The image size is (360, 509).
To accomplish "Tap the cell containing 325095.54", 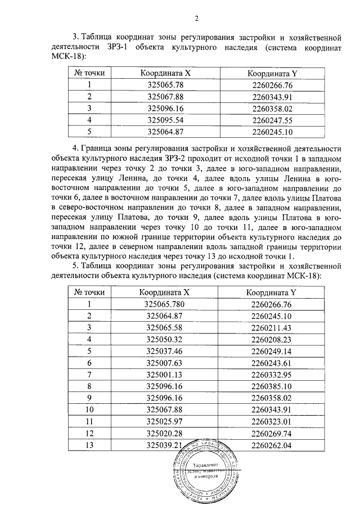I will tap(165, 120).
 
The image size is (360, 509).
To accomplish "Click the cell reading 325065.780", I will tap(165, 304).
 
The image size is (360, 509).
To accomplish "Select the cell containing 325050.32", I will tap(165, 339).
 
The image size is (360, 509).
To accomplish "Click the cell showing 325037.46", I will tap(165, 351).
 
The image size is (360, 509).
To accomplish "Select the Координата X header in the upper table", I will tap(165, 73).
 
